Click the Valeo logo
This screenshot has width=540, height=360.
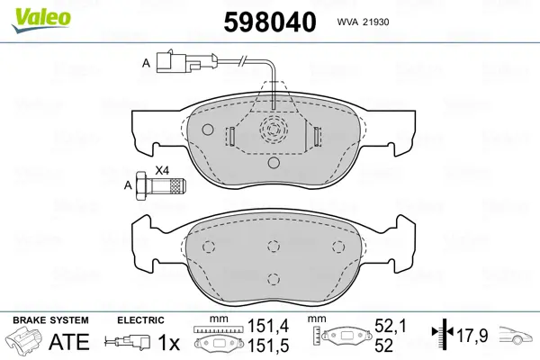(40, 21)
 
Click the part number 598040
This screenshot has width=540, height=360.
(270, 22)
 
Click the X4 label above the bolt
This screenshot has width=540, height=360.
(162, 170)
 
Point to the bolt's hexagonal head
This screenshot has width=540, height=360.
(141, 186)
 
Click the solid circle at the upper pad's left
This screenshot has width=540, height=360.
(208, 130)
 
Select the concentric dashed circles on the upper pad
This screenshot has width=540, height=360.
(273, 130)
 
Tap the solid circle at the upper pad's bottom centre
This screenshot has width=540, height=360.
(274, 162)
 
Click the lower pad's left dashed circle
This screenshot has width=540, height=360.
(209, 247)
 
